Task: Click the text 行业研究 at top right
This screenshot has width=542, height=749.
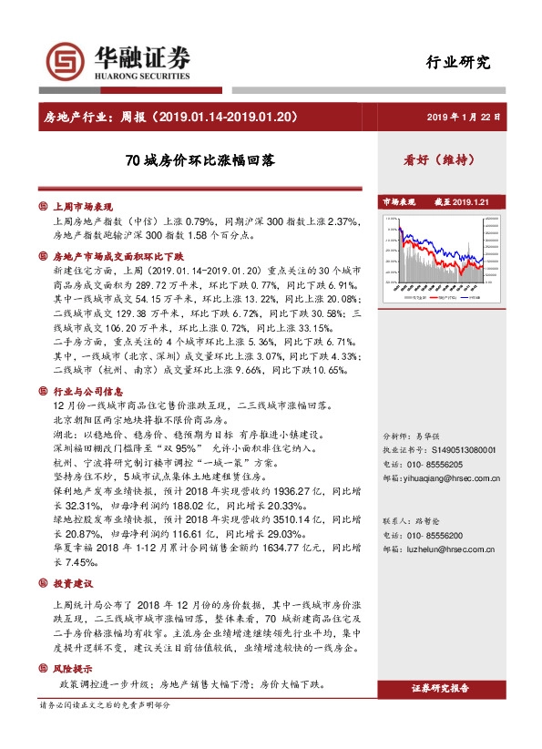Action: pyautogui.click(x=458, y=63)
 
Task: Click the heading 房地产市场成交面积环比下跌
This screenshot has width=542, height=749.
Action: pyautogui.click(x=118, y=257)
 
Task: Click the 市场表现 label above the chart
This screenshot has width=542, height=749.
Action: pyautogui.click(x=398, y=202)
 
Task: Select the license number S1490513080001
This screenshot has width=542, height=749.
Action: pyautogui.click(x=465, y=449)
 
